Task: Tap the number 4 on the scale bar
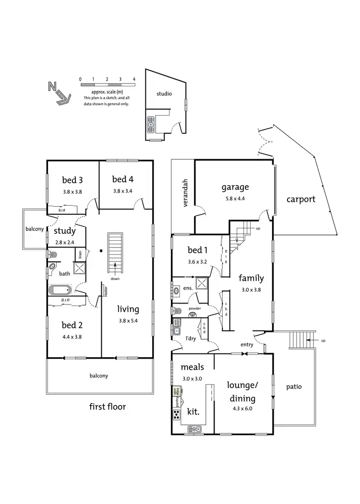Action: point(134,79)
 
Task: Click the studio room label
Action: point(164,94)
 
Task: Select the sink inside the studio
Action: point(151,124)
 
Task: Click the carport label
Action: point(301,199)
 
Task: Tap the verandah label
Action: point(183,195)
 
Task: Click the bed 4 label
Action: point(122,179)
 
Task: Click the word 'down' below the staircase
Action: point(115,279)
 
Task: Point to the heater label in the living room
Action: point(104,291)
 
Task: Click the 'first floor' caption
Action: point(108,407)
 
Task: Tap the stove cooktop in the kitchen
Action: point(177,414)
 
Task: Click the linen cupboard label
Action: point(80,254)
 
